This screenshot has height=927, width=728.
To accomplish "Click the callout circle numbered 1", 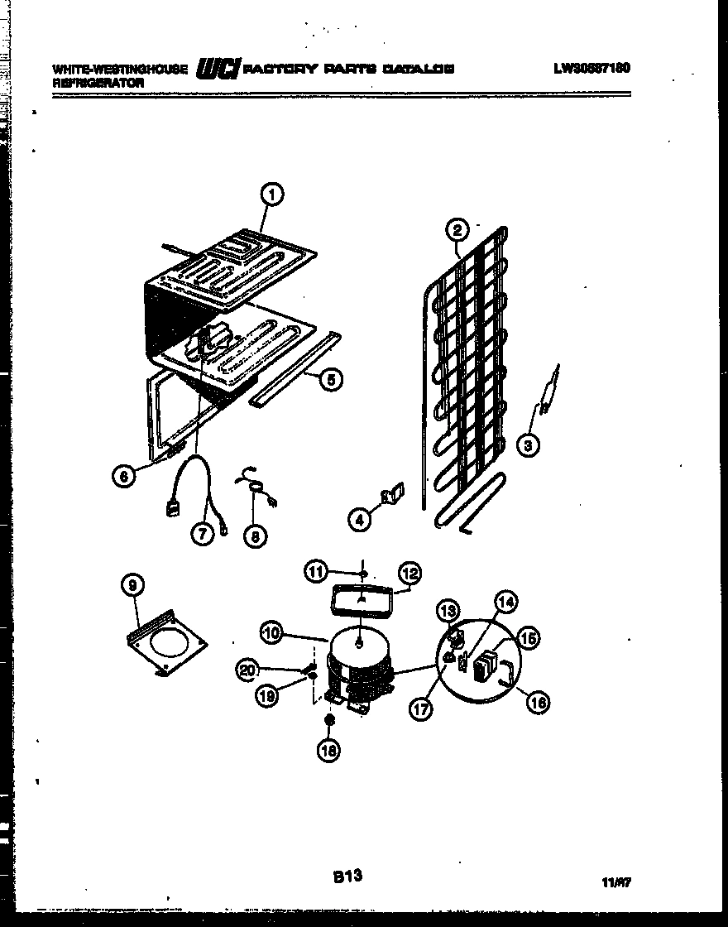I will tap(271, 195).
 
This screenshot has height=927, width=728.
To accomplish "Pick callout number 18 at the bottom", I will tap(329, 751).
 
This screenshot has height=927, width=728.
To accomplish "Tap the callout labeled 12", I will tap(410, 572).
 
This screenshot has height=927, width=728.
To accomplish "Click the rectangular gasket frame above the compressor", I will tap(362, 599).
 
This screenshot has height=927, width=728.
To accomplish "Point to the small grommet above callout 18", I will tap(329, 721).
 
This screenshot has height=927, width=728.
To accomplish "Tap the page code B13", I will tap(347, 876).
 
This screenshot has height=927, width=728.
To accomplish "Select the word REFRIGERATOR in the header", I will tap(98, 84).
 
